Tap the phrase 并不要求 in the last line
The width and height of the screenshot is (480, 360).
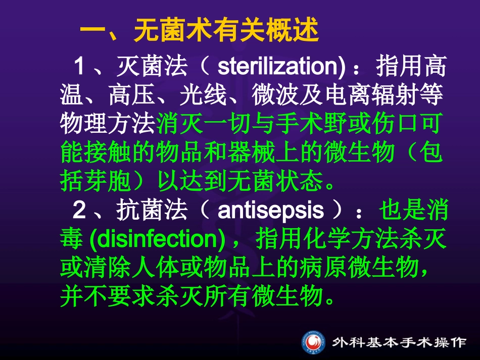tap(104, 296)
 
